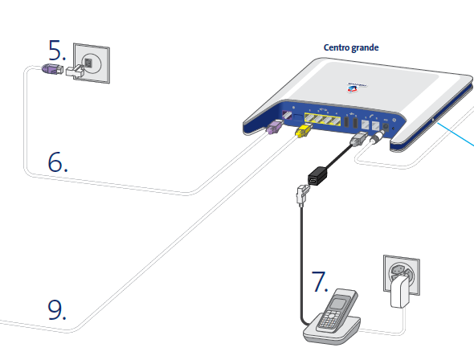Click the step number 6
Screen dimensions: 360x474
tap(58, 161)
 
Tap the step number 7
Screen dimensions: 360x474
tap(320, 283)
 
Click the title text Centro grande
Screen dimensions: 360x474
tap(351, 47)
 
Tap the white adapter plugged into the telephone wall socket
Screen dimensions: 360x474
tap(78, 72)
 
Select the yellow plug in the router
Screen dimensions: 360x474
tap(304, 132)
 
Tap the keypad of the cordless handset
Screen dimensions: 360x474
tap(330, 320)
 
